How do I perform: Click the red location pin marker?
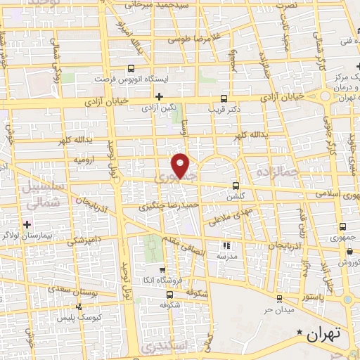pyautogui.click(x=181, y=165)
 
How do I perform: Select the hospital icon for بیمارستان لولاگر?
pyautogui.click(x=27, y=224)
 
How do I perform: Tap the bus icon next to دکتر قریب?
pyautogui.click(x=224, y=99)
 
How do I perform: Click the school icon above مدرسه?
pyautogui.click(x=226, y=245)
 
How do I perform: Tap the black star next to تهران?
pyautogui.click(x=300, y=332)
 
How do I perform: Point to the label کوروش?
pyautogui.click(x=349, y=262)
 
